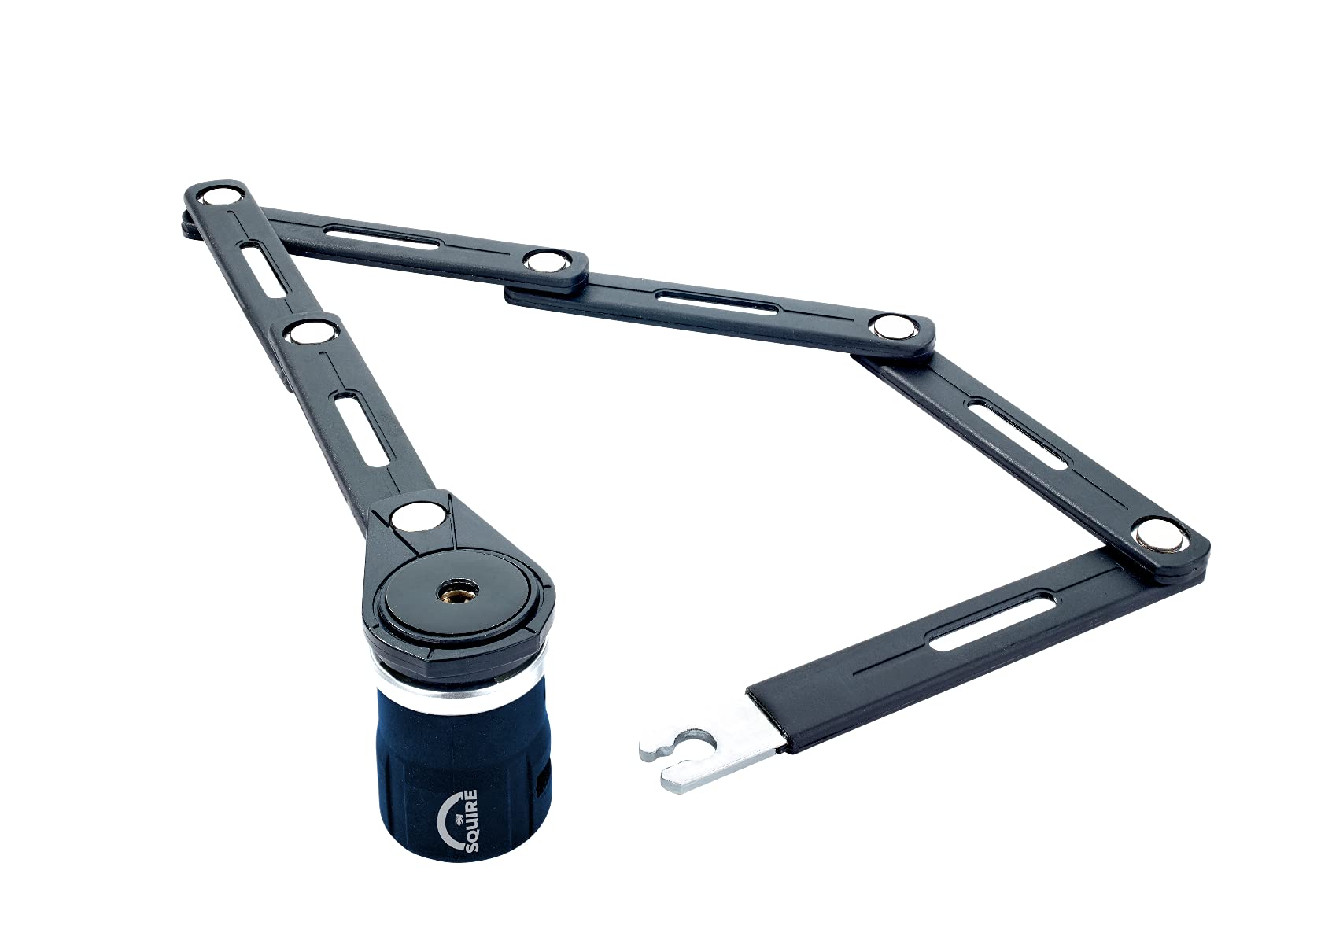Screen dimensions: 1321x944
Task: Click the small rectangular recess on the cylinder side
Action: pyautogui.click(x=541, y=782)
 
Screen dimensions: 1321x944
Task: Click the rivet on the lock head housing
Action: pyautogui.click(x=416, y=518)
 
